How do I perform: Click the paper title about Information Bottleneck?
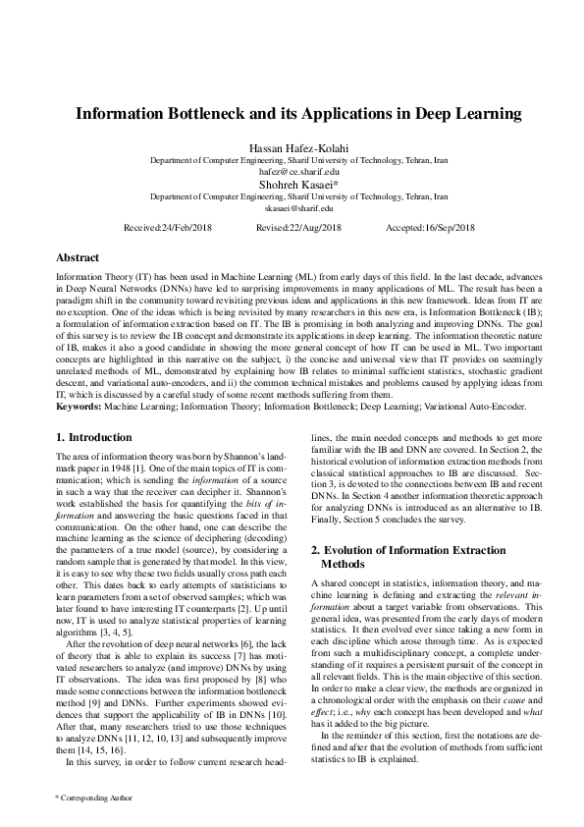click(x=292, y=114)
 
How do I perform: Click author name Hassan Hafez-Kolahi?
click(x=292, y=147)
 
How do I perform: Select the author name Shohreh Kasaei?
click(x=292, y=184)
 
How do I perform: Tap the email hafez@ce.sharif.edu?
click(x=292, y=171)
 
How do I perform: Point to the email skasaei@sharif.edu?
click(x=292, y=207)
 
